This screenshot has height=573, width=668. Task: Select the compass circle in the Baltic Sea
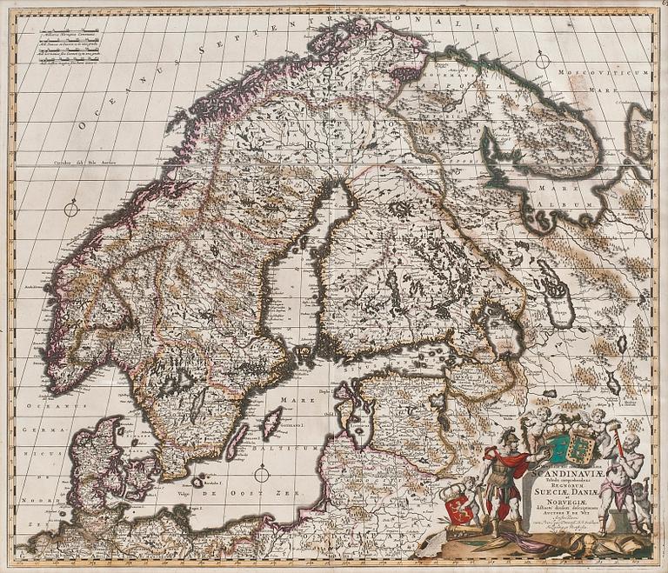[x=263, y=474]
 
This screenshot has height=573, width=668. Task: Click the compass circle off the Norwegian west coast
[x=72, y=208]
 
